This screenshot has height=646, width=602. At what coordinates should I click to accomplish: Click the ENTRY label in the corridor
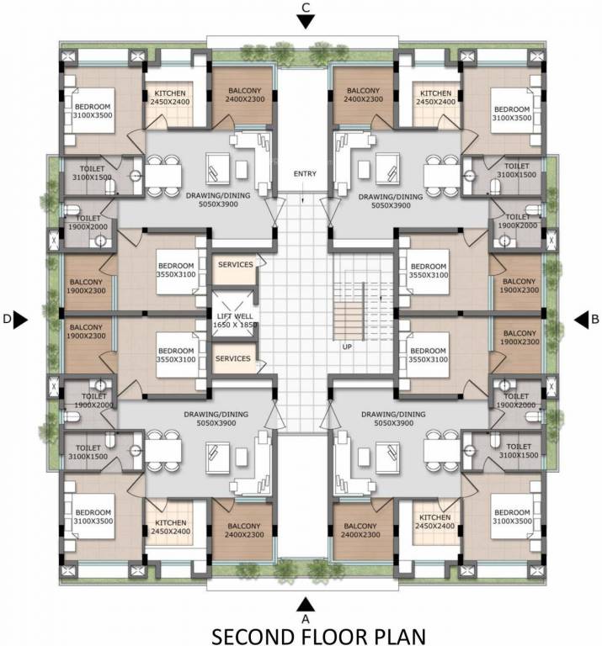(305, 174)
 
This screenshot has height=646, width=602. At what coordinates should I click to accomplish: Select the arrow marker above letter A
(306, 604)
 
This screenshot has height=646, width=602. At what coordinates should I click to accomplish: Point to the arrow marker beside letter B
(582, 319)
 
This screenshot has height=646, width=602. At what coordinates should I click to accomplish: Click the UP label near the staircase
(346, 346)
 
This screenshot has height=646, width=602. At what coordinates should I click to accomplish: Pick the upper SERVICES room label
(235, 265)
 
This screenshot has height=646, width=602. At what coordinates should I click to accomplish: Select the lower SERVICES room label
(233, 359)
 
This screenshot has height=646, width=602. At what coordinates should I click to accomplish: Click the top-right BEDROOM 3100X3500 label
(512, 114)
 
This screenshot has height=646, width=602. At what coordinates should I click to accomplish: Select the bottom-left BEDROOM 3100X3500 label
(93, 517)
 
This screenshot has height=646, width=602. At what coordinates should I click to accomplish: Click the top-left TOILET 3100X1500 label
(93, 173)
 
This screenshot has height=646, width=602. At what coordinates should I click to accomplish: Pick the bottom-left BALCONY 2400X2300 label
(244, 532)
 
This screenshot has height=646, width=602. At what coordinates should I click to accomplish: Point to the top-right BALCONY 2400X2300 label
(364, 95)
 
